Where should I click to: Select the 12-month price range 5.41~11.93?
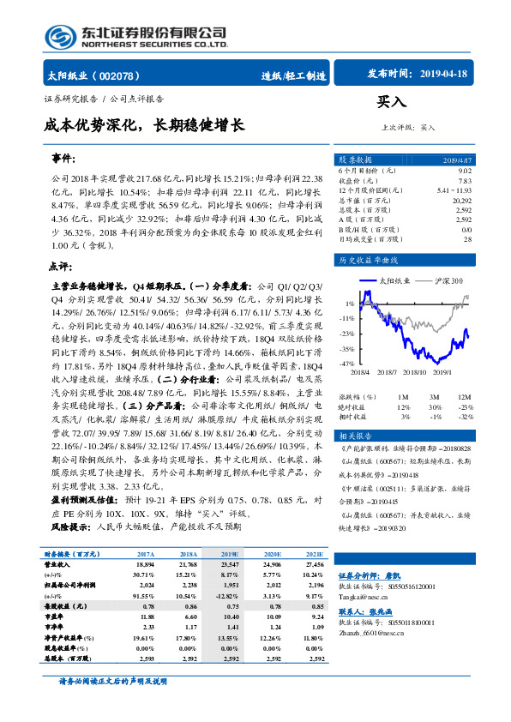[454, 190]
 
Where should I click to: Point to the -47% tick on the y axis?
[346, 364]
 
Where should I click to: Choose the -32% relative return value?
[464, 416]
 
